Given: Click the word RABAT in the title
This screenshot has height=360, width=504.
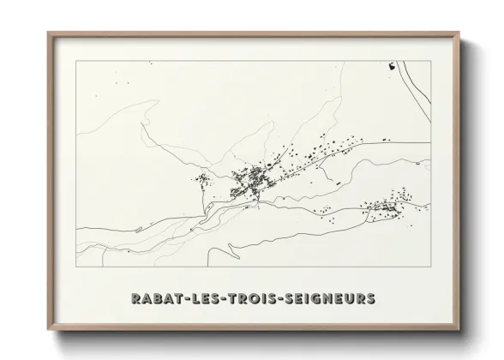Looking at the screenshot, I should coord(154,299).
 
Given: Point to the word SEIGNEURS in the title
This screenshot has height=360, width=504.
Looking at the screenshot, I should coord(329,299).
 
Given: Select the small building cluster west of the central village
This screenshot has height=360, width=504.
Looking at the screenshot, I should coord(203,180).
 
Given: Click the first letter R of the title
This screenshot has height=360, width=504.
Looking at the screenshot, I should coord(135,299).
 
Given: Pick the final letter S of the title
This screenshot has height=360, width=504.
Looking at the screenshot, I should coord(370,299).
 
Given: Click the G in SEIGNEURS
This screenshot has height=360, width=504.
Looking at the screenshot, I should coord(316,299).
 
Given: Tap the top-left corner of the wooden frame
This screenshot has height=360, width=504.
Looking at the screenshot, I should coord(48,33).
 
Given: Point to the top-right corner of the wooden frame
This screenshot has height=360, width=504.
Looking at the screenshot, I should coord(459,33).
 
